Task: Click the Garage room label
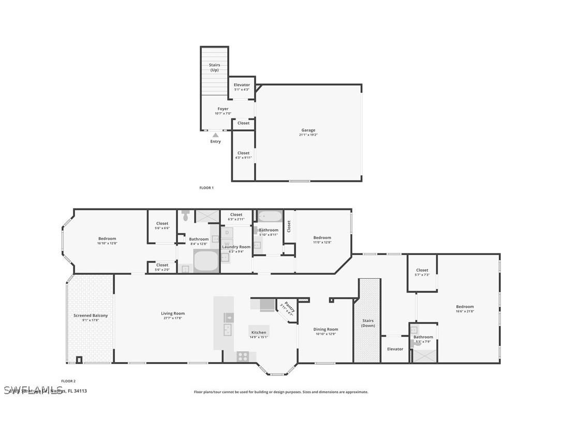coord(308,130)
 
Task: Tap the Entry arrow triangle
coord(215,135)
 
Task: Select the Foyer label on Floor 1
coord(223,109)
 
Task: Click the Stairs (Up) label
coord(214,67)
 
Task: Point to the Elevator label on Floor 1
coord(242,85)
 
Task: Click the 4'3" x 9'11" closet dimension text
coord(243,158)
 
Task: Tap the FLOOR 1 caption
coord(206,188)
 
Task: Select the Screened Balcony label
coord(91,315)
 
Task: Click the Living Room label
coord(173,313)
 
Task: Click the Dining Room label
coord(326,329)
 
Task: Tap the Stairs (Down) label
coord(368,323)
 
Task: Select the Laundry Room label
coord(236,247)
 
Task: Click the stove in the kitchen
coord(243,356)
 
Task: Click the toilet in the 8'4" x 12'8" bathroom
coord(186,215)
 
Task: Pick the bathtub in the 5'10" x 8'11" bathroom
coord(269,216)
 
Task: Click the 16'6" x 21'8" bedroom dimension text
coord(465,311)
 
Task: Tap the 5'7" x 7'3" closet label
coord(422,270)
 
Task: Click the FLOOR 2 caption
coord(68,381)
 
